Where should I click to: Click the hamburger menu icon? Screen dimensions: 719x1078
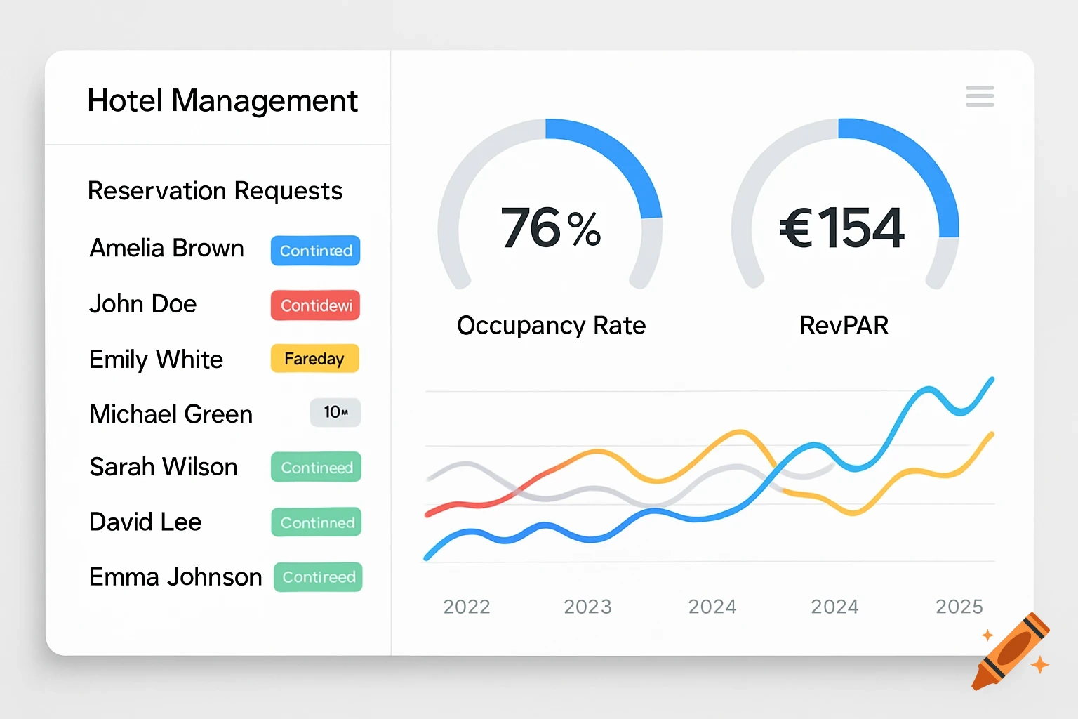click(980, 96)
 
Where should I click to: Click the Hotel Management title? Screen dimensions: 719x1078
click(222, 100)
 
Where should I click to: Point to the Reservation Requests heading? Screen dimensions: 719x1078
click(215, 191)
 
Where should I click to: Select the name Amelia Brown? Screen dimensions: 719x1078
click(167, 249)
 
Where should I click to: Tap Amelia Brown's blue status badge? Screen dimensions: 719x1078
click(316, 251)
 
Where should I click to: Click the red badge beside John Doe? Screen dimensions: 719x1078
click(316, 305)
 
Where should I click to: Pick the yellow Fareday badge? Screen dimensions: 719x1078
click(314, 359)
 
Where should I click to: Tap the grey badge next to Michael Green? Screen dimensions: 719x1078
click(335, 413)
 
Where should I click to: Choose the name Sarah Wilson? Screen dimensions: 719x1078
click(164, 467)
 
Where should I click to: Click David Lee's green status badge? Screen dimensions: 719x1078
click(317, 522)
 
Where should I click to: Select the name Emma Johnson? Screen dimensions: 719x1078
click(175, 577)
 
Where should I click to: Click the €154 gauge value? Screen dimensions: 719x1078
click(842, 228)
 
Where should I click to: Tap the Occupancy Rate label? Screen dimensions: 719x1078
click(551, 326)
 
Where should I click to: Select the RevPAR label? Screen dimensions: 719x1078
click(844, 326)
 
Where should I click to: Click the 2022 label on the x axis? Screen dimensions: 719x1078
click(467, 607)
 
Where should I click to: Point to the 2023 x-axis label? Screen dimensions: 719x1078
click(588, 607)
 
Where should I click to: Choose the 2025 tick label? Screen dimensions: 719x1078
click(959, 607)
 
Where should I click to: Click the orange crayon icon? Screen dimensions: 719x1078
click(1011, 652)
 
